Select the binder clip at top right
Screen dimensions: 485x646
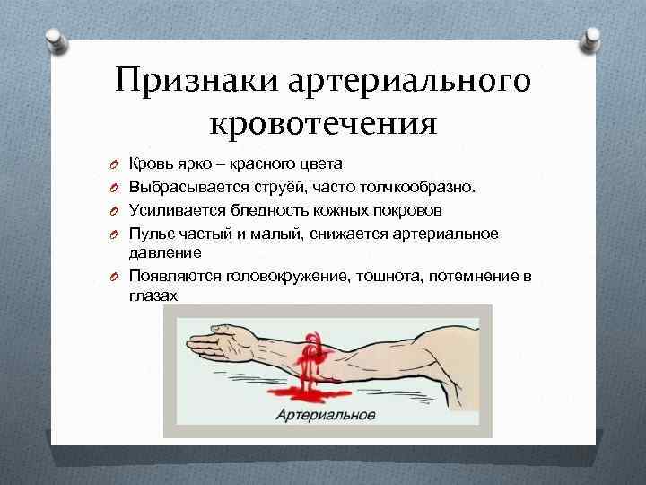[x=591, y=38]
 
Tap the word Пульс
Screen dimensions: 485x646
[x=153, y=234]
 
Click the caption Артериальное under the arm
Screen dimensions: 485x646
[x=326, y=416]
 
